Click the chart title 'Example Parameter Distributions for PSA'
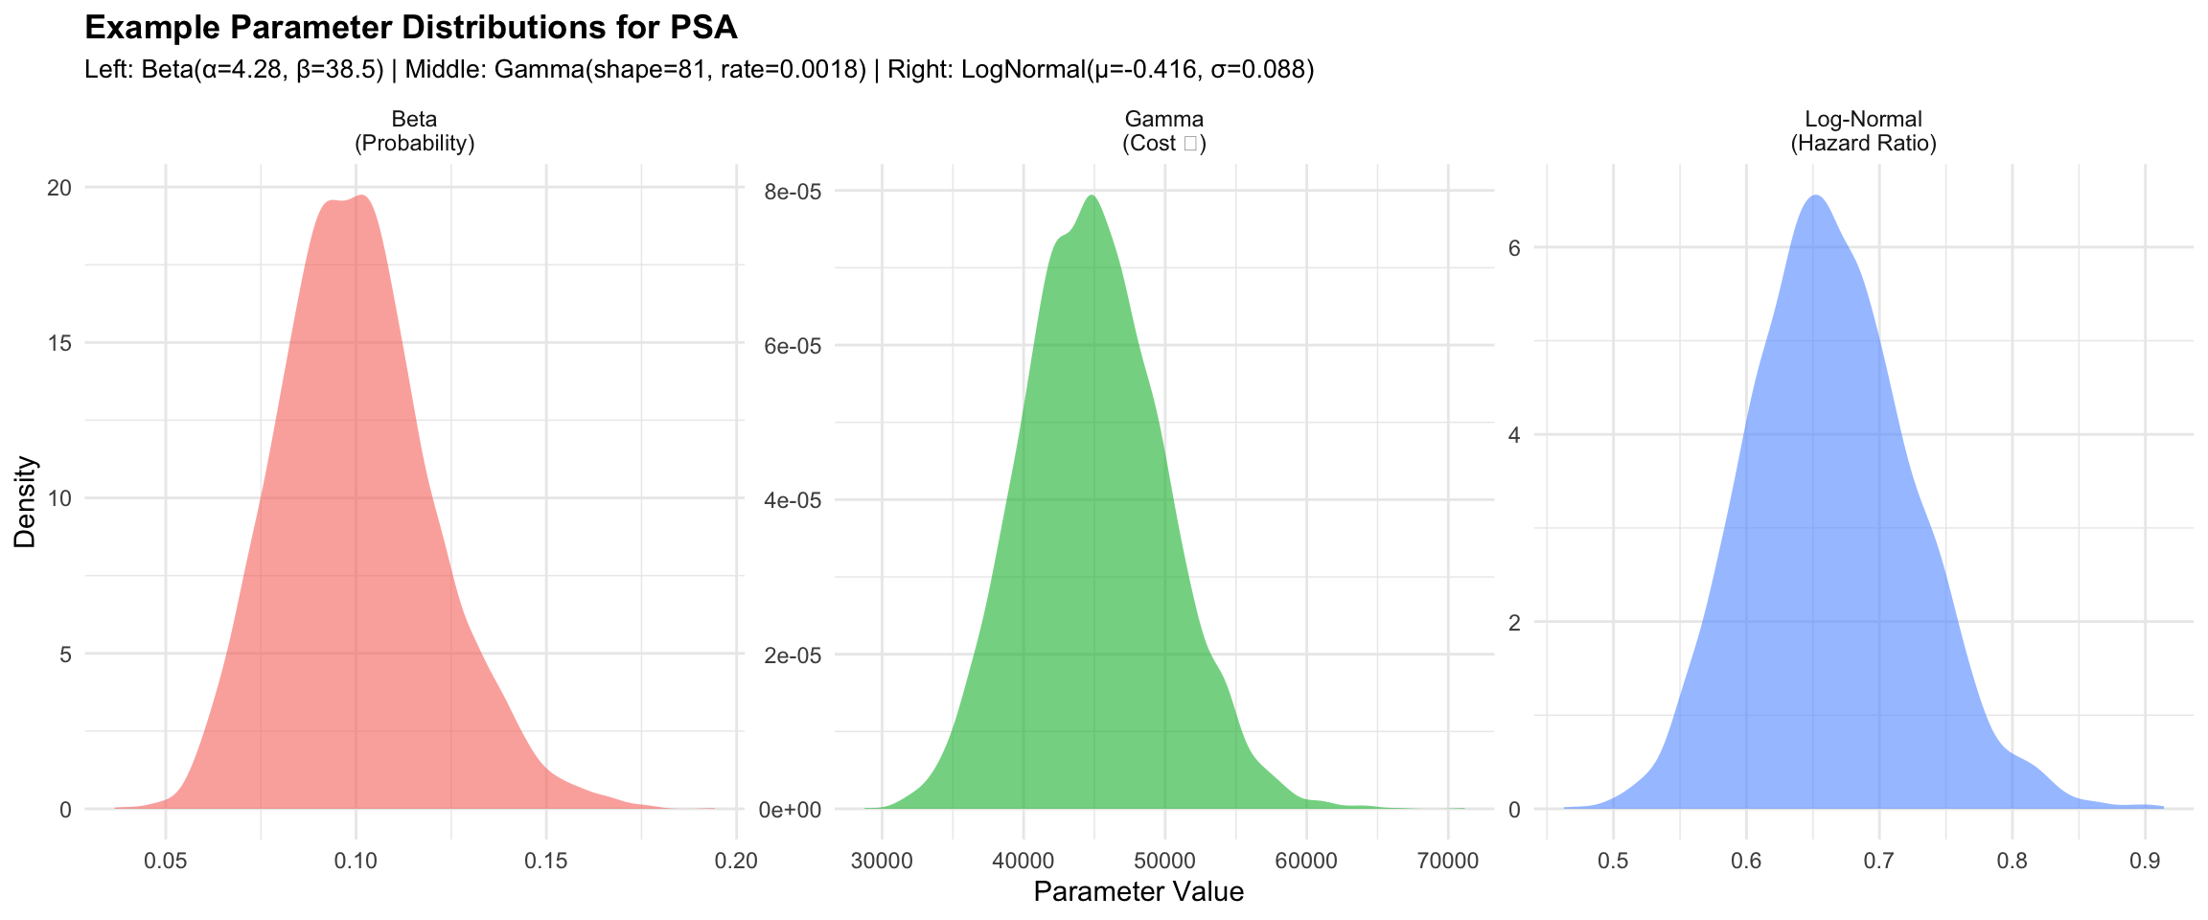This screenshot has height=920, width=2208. (410, 28)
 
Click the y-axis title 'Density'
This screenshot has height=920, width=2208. (26, 501)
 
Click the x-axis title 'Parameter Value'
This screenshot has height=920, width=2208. (1138, 892)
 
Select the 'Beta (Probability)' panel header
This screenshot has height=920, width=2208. (414, 131)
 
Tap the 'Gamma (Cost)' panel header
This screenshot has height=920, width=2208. (1163, 131)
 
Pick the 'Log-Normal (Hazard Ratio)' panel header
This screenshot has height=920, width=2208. (1863, 131)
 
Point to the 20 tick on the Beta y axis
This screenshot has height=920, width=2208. (59, 188)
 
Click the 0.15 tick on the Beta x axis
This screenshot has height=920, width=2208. (546, 860)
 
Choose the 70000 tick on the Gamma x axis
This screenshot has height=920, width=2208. (1447, 860)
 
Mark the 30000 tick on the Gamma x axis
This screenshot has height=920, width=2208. (882, 860)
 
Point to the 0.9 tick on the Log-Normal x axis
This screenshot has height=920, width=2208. (2145, 860)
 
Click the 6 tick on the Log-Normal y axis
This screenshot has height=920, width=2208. (1514, 247)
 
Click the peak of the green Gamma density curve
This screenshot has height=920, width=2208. (1092, 196)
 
